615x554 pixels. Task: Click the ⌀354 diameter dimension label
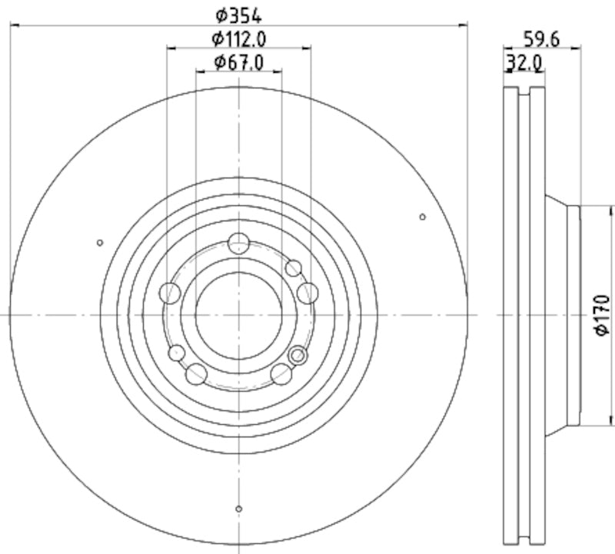(239, 15)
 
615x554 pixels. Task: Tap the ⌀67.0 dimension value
(239, 62)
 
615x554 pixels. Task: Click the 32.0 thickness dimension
(524, 62)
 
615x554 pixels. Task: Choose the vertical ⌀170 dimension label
(602, 314)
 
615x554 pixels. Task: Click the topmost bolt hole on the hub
(239, 244)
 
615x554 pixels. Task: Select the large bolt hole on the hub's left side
(170, 292)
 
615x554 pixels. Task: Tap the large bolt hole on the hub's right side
(307, 292)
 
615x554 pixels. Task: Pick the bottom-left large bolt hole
(197, 374)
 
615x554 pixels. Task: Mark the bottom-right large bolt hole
(282, 374)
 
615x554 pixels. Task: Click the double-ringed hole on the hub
(298, 355)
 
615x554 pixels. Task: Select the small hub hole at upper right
(293, 268)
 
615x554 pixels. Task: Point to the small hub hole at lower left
(178, 353)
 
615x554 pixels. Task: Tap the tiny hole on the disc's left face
(100, 243)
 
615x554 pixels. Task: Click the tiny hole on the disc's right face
(422, 217)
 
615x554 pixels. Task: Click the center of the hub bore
(239, 315)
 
